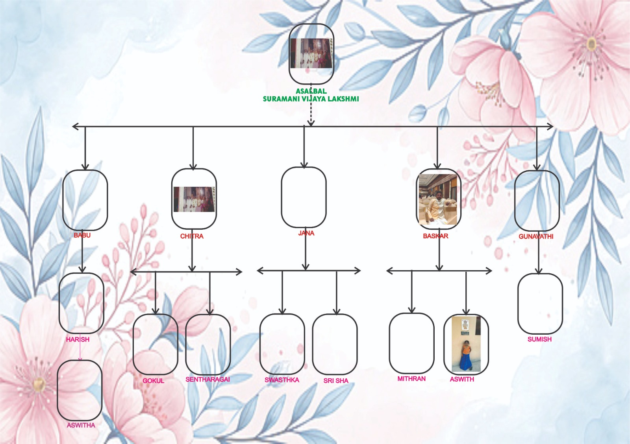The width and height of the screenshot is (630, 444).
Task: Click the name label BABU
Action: [82, 235]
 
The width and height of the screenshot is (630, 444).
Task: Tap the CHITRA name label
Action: [192, 236]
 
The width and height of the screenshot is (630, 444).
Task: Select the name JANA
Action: [306, 233]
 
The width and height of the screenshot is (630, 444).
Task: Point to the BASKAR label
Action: [435, 236]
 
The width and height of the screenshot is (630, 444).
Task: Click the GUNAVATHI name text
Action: [536, 236]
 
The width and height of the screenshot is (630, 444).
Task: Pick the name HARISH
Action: [78, 339]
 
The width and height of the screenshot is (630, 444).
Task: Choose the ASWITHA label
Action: [81, 425]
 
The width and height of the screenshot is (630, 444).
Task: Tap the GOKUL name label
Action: [153, 381]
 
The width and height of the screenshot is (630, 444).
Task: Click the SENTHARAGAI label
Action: [208, 380]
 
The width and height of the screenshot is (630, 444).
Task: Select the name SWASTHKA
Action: [282, 380]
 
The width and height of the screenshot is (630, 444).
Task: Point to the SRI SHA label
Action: [336, 381]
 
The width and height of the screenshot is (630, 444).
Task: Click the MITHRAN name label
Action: [411, 379]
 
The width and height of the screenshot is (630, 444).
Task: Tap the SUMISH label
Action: [539, 339]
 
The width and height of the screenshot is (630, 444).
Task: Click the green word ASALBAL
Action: [311, 91]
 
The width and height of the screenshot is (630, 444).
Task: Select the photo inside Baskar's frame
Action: [439, 199]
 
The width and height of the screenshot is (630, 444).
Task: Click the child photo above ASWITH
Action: [466, 345]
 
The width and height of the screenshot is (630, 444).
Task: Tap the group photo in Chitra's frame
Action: [194, 199]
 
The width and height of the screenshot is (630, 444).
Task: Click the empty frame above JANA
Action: [304, 197]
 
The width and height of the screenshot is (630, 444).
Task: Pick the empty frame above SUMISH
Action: [540, 303]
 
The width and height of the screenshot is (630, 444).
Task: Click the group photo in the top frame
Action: [311, 53]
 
